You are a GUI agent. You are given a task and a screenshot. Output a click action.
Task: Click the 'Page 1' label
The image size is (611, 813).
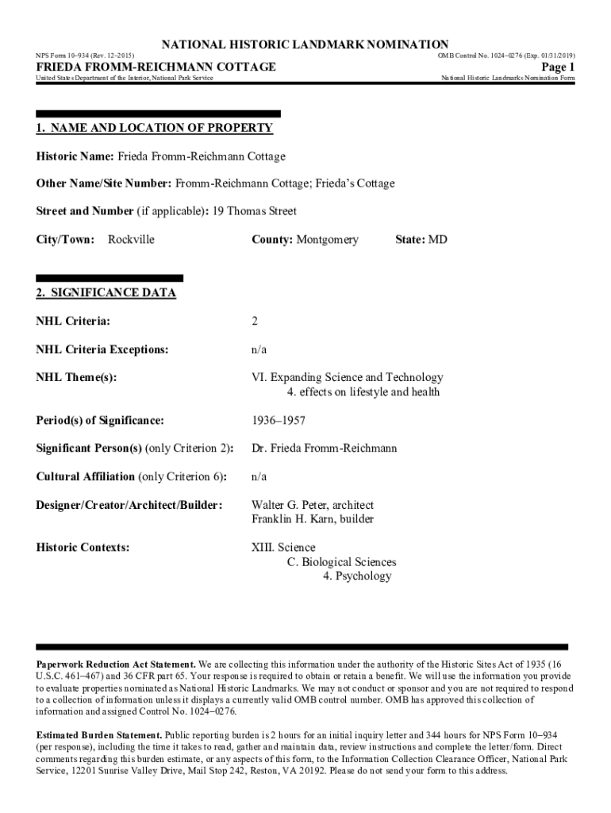[x=558, y=67]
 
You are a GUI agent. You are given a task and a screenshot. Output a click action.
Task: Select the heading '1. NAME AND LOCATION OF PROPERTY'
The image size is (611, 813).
[x=155, y=128]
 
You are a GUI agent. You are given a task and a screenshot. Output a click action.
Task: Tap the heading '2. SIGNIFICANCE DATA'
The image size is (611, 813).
[x=106, y=293]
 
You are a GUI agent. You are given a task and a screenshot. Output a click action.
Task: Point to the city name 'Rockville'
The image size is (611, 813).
[x=131, y=239]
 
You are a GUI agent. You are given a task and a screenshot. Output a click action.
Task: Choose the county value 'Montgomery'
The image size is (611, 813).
[x=328, y=239]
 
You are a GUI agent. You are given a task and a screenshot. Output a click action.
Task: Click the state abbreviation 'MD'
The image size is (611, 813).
[x=438, y=239]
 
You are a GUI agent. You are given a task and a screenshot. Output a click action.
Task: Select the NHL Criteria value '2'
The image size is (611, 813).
[x=255, y=322]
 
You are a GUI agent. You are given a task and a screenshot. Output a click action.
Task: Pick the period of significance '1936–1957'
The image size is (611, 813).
[x=279, y=420]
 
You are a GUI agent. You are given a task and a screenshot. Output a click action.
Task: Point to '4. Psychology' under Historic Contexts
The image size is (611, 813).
[x=357, y=576]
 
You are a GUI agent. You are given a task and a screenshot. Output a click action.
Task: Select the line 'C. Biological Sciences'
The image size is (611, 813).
[x=341, y=562]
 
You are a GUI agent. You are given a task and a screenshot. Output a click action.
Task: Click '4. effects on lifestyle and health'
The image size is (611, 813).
[x=363, y=392]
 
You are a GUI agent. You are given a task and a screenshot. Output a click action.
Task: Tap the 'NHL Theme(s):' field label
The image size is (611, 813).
[x=76, y=378]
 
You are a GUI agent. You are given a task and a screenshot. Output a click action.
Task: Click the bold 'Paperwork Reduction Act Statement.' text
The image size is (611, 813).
[x=116, y=664]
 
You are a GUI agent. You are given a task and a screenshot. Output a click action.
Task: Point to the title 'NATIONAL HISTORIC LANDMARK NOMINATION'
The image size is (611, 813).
[x=305, y=44]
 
